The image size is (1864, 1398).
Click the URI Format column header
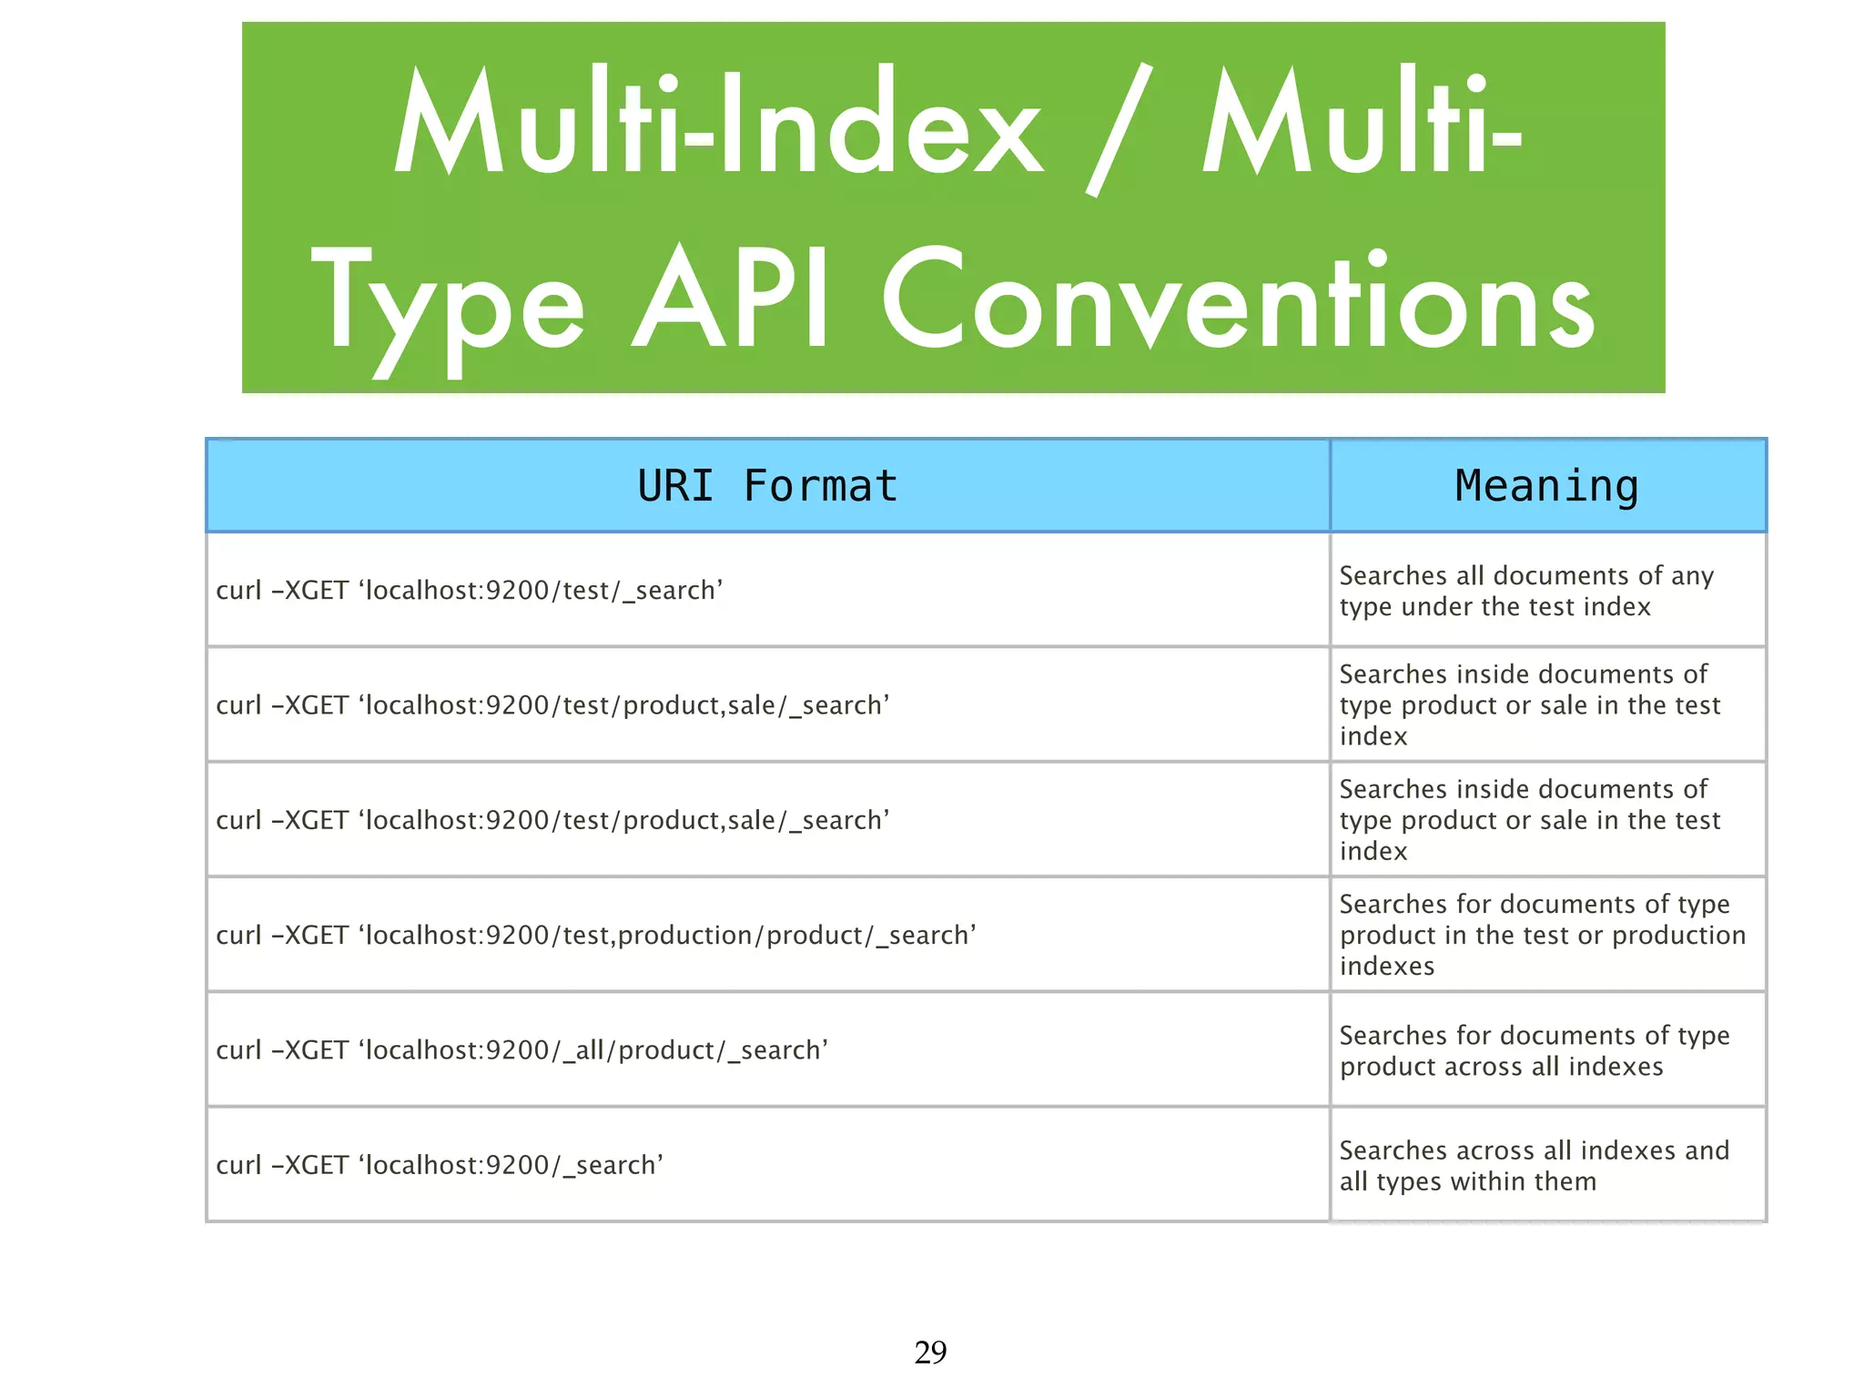click(x=767, y=486)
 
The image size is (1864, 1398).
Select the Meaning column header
click(x=1546, y=486)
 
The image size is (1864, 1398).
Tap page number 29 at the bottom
click(x=930, y=1352)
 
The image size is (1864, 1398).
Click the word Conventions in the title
click(x=1238, y=300)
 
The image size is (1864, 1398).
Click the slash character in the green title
click(x=1119, y=129)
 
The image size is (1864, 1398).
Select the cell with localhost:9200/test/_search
click(x=470, y=591)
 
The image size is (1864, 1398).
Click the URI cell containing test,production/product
click(x=596, y=936)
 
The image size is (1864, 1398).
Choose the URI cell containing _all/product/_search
click(x=522, y=1050)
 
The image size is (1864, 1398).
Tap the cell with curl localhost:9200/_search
click(x=440, y=1166)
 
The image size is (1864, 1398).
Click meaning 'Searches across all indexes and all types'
click(x=1534, y=1166)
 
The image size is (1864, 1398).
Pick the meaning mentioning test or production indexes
click(x=1542, y=936)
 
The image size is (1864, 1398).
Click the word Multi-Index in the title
click(x=719, y=123)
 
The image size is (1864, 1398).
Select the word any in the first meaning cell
click(x=1692, y=576)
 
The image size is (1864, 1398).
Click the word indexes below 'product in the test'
click(x=1387, y=967)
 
